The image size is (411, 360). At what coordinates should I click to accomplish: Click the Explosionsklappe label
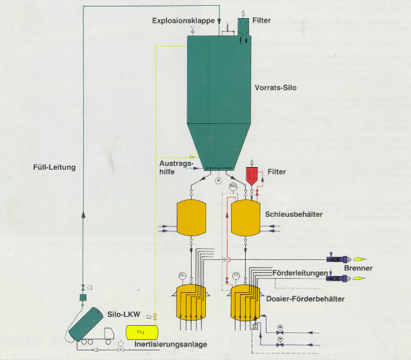pyautogui.click(x=183, y=21)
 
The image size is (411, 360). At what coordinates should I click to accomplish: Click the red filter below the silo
pyautogui.click(x=252, y=176)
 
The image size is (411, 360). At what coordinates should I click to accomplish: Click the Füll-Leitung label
pyautogui.click(x=55, y=168)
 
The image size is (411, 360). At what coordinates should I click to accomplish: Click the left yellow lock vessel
pyautogui.click(x=191, y=219)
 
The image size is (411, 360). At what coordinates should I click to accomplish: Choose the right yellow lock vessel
pyautogui.click(x=246, y=219)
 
